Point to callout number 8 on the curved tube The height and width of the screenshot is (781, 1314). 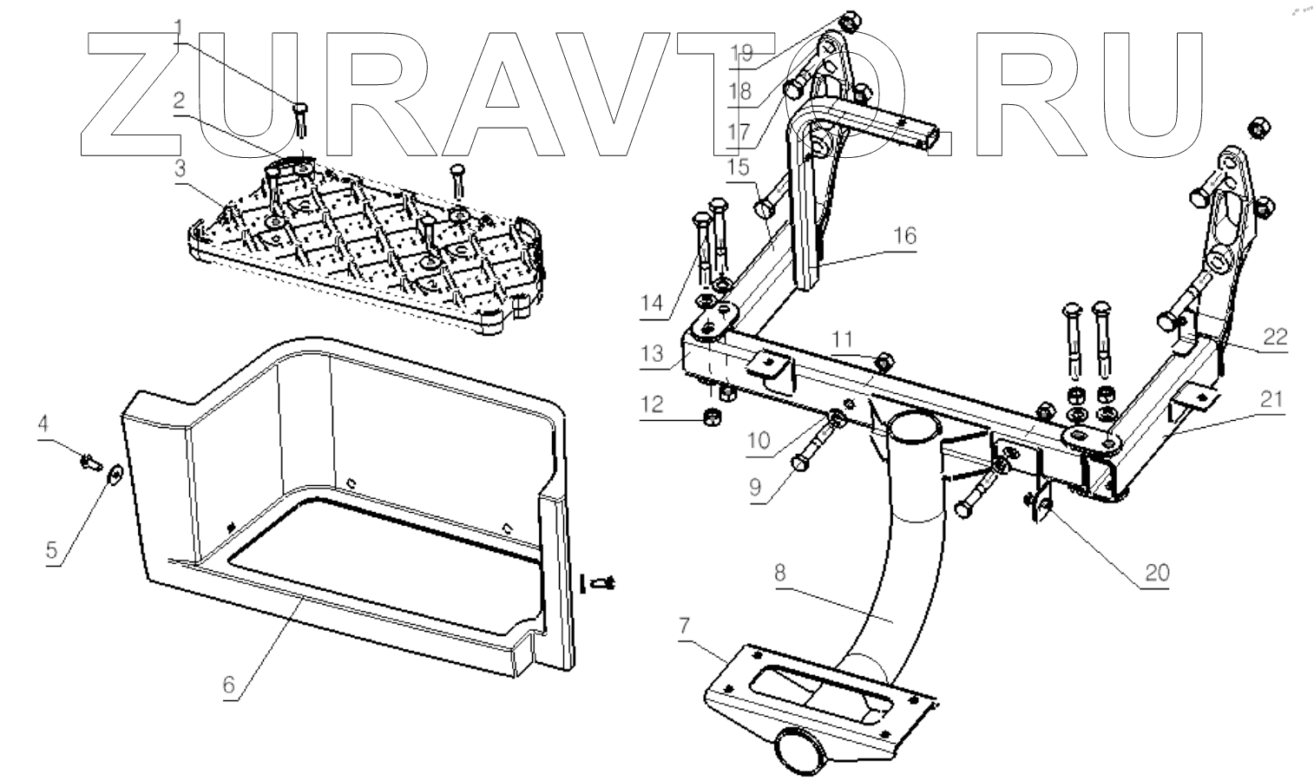click(x=779, y=572)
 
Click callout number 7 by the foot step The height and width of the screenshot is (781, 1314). click(x=685, y=625)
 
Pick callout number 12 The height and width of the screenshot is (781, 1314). click(x=653, y=404)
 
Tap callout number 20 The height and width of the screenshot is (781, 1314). click(x=1157, y=572)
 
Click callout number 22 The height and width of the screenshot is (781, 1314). click(x=1274, y=336)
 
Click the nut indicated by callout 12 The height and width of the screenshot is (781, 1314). click(x=710, y=418)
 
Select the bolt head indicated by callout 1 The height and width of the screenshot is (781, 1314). click(x=299, y=108)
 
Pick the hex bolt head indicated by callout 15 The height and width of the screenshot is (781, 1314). click(x=764, y=208)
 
